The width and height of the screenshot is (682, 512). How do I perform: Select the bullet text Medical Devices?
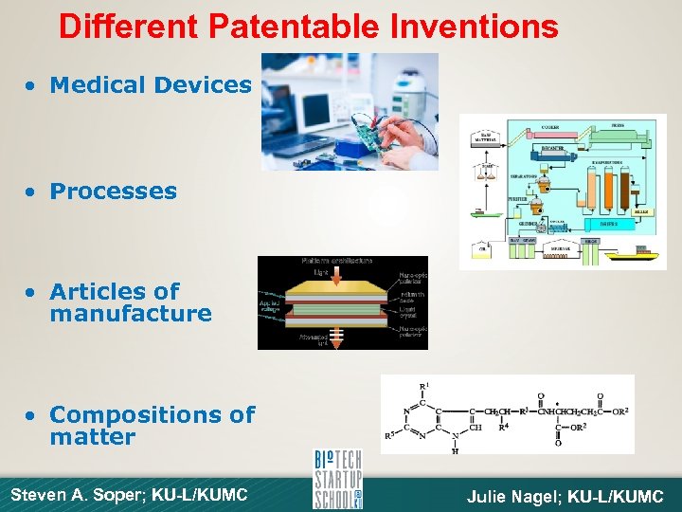point(150,84)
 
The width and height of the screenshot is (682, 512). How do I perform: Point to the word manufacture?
point(130,314)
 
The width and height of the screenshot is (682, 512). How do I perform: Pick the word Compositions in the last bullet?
point(152,414)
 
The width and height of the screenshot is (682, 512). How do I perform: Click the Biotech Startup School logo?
point(338,480)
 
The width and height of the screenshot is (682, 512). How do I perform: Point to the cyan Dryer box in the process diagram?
point(609,225)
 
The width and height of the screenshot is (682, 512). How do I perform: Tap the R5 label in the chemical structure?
point(390,437)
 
